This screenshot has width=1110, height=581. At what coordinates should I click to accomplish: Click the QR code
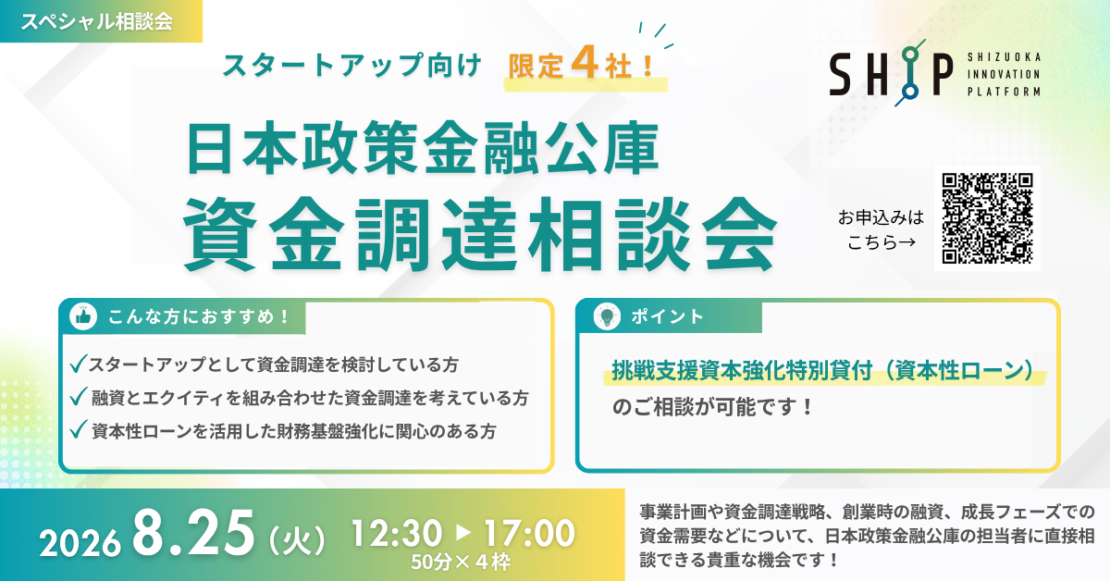pos(987,218)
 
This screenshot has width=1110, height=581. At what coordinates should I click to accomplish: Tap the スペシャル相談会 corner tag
pos(101,21)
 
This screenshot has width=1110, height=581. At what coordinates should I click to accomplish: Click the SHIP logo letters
pos(891,73)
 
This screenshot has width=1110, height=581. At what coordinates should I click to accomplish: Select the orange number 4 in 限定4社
pos(584,65)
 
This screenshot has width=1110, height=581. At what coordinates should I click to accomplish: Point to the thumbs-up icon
pos(83,316)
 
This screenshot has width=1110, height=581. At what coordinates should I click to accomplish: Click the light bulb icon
pos(607,316)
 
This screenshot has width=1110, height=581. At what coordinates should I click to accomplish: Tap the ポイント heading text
pos(667,316)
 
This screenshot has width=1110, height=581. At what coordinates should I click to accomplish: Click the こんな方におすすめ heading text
pos(198,316)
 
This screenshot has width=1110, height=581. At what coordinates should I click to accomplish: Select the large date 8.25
pos(193,533)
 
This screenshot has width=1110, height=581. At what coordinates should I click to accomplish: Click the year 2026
pos(80,543)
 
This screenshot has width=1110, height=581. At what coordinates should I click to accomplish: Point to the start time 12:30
pos(397,534)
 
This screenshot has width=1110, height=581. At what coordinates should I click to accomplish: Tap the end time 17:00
pos(529,534)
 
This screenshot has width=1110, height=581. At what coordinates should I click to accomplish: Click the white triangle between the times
pos(462,532)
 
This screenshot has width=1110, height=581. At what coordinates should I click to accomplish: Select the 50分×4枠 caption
pos(461,562)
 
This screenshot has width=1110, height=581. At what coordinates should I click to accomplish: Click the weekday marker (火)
pos(297,539)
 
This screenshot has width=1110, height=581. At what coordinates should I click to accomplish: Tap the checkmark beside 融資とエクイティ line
pos(79,397)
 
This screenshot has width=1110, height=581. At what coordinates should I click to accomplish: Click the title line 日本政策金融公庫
pos(423,148)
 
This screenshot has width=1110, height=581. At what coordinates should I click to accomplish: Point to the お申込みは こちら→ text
pos(881,230)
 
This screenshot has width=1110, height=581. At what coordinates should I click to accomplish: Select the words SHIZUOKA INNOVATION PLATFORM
pos(1004,74)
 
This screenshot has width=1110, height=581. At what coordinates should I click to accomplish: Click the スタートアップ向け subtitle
pos(351,66)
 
